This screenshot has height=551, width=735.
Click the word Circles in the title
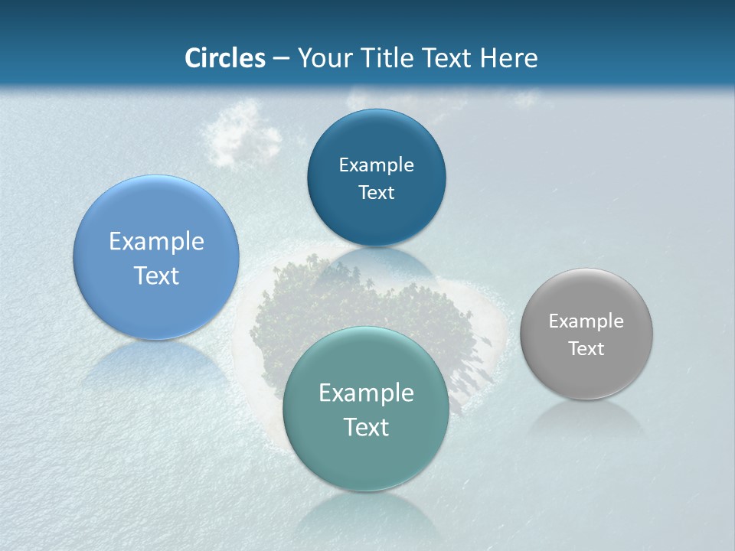(x=224, y=58)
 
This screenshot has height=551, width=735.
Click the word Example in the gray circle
(x=586, y=321)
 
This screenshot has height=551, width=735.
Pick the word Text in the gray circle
(x=586, y=349)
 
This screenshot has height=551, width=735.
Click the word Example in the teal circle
(x=366, y=393)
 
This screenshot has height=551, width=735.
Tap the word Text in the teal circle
(x=366, y=427)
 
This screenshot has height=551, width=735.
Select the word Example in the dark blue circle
(x=376, y=165)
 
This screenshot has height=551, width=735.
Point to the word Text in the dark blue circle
(x=376, y=193)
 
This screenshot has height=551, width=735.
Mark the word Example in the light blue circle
(x=156, y=242)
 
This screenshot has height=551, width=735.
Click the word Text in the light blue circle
(x=156, y=275)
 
